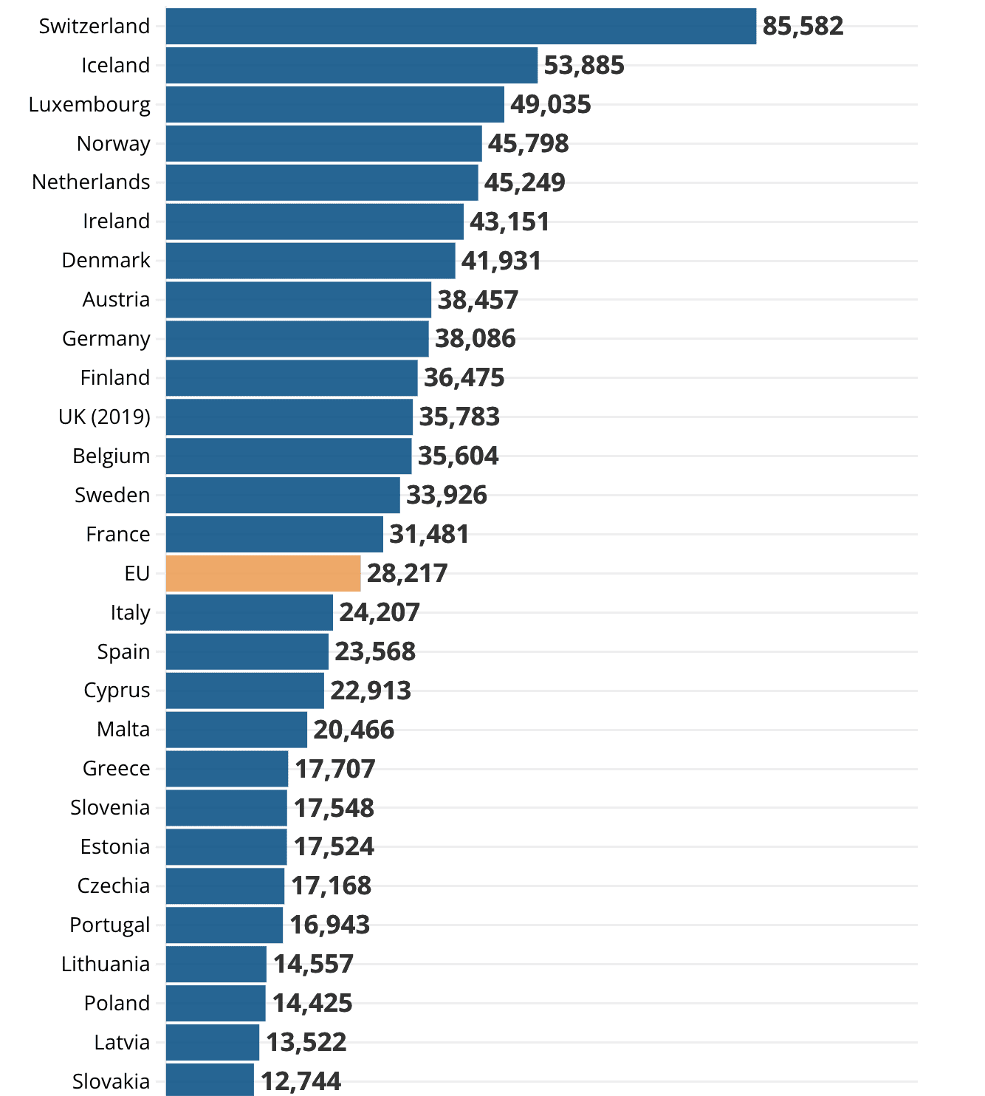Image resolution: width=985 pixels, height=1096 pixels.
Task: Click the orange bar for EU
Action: (x=263, y=574)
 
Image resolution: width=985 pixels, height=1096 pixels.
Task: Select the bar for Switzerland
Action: (x=461, y=27)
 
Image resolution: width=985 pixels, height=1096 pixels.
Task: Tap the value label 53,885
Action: (x=584, y=66)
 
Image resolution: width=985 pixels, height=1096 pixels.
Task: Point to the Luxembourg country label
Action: (x=89, y=105)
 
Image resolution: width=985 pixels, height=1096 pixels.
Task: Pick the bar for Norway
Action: (x=323, y=144)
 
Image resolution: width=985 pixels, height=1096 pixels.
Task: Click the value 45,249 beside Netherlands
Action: (x=524, y=183)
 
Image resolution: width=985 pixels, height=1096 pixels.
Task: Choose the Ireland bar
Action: (x=315, y=222)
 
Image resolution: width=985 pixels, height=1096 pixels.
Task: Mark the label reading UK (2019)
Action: (x=104, y=417)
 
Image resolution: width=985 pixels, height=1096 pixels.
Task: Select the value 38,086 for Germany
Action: (x=475, y=339)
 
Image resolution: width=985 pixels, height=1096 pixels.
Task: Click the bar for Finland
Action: (x=292, y=378)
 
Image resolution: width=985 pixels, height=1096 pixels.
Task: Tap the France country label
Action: (x=118, y=535)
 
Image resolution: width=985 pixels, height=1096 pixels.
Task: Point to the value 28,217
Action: (x=407, y=574)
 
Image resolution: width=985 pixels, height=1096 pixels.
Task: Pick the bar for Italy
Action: (x=249, y=613)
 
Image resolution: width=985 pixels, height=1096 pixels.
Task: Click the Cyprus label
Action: (x=117, y=691)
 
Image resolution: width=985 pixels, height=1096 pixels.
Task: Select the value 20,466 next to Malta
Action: (x=354, y=730)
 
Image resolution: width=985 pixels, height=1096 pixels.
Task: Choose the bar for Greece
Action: (x=227, y=769)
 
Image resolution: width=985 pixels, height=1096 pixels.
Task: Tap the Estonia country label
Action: (x=115, y=847)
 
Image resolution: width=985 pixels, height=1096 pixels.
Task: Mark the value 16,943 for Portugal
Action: (x=329, y=925)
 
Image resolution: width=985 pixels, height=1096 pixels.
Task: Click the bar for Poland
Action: (x=216, y=1004)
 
